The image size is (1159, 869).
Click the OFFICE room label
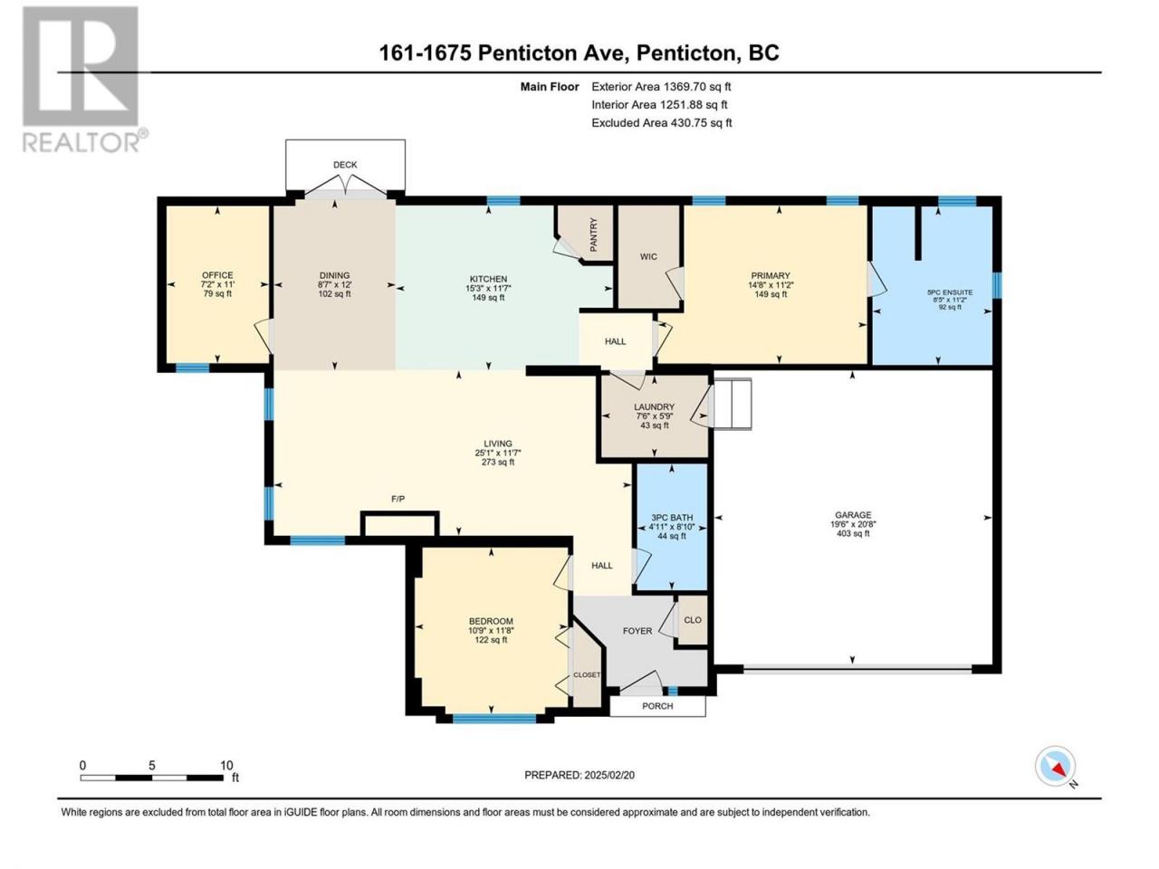217,275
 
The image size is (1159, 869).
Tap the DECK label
345,165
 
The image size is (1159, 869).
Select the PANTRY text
593,234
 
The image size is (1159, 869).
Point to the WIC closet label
648,256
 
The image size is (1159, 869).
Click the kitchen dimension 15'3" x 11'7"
488,288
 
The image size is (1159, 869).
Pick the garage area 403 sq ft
853,533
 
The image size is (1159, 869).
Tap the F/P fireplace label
398,499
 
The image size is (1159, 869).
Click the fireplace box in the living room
399,524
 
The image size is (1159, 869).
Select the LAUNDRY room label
655,406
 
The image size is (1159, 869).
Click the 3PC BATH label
672,518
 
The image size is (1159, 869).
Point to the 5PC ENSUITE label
949,292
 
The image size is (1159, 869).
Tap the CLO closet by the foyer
693,620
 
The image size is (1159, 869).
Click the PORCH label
657,706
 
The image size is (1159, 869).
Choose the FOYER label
637,631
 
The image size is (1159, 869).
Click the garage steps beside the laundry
732,404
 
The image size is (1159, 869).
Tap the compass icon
1055,766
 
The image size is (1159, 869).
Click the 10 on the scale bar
226,765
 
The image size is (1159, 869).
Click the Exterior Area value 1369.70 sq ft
697,87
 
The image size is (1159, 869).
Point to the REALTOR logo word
81,142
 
